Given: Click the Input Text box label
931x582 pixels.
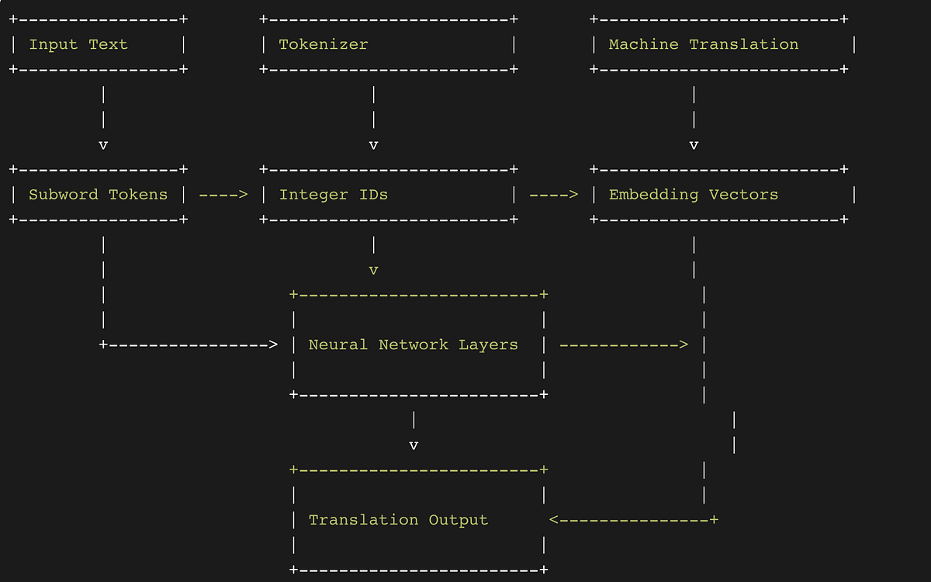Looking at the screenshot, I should [78, 44].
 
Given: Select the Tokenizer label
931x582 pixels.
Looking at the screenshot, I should [323, 44].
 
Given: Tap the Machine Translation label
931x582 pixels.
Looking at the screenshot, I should [703, 44].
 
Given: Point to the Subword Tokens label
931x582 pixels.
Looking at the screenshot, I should [98, 194].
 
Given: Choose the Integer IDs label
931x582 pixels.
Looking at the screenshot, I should [333, 194].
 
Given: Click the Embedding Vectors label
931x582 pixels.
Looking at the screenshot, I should [693, 194].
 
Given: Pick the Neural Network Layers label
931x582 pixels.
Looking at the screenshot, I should [413, 345].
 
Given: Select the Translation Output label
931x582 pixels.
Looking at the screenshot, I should [398, 520].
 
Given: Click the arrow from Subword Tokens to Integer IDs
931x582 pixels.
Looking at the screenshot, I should [223, 194].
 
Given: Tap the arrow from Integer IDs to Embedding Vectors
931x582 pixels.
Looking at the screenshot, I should [553, 194].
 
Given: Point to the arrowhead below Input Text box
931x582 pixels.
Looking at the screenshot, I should [103, 145].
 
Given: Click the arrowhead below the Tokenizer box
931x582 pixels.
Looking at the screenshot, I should [373, 145].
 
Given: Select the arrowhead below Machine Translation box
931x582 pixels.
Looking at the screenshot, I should [694, 145].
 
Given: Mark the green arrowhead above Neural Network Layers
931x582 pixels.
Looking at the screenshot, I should [373, 270].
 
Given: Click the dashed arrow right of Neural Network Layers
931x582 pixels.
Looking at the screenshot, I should [623, 345].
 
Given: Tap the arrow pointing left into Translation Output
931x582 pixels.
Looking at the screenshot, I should [632, 520].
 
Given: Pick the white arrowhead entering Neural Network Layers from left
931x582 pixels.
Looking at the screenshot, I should [272, 345].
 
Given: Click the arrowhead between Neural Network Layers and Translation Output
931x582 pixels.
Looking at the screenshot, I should [414, 445].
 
